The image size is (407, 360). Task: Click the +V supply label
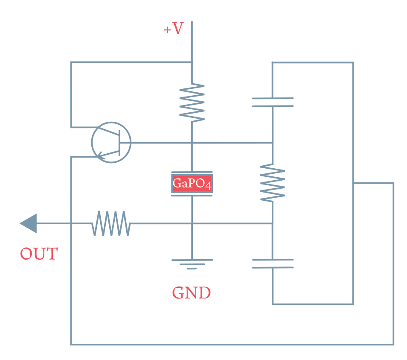[x=174, y=29]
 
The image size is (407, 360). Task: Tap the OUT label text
[x=39, y=254]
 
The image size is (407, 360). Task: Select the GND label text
[x=191, y=293]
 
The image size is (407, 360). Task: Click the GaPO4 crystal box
[x=192, y=184]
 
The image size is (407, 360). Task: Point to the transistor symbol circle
[x=111, y=142]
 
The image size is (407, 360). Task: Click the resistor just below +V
[x=192, y=102]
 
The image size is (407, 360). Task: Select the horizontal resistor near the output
[x=111, y=223]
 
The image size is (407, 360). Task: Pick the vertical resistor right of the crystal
[x=273, y=183]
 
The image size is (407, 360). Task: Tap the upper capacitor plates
[x=273, y=102]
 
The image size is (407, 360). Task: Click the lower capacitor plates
[x=273, y=263]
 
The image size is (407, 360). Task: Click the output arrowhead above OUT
[x=29, y=223]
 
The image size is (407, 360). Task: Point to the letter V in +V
[x=178, y=29]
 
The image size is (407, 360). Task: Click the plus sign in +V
[x=167, y=30]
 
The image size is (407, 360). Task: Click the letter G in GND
[x=178, y=293]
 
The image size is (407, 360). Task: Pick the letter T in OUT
[x=51, y=254]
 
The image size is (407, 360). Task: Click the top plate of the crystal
[x=192, y=173]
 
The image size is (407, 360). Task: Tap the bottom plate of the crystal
[x=192, y=196]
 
